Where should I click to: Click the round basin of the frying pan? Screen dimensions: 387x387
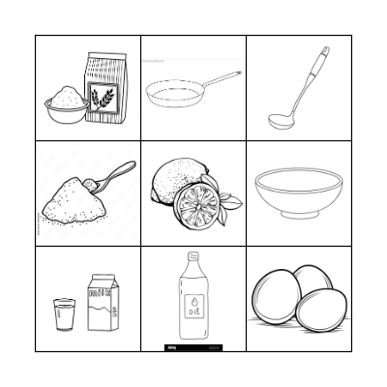(x=172, y=93)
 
